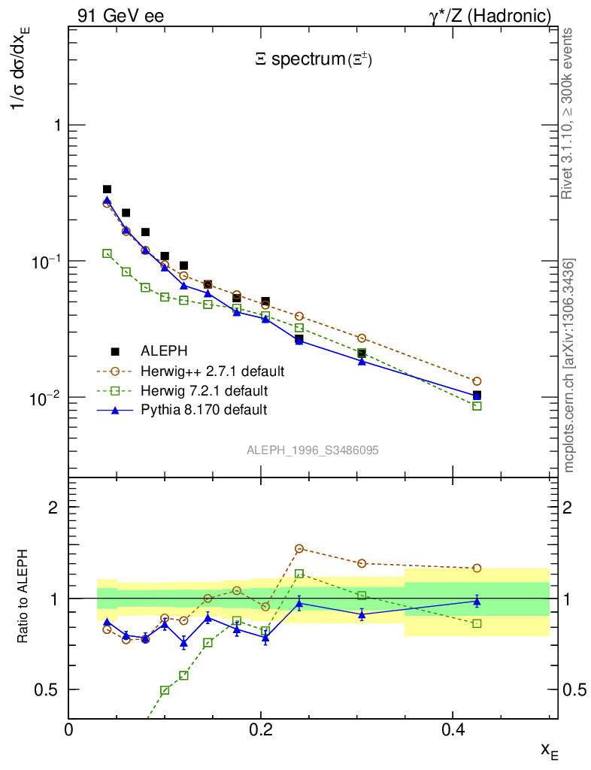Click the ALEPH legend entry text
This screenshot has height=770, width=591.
(x=163, y=350)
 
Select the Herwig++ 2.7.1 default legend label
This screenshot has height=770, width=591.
(x=213, y=371)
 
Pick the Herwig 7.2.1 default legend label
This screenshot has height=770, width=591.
(x=204, y=391)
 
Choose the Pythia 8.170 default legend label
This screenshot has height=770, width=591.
(x=203, y=411)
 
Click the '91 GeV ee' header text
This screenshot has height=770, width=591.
(x=120, y=15)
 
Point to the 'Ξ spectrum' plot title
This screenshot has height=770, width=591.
(x=314, y=60)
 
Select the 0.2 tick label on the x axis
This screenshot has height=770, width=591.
(x=260, y=729)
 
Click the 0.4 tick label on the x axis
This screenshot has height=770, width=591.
(x=452, y=729)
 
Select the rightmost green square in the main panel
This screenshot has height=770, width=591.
(x=477, y=406)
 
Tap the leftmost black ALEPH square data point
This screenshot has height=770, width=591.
(x=107, y=189)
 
